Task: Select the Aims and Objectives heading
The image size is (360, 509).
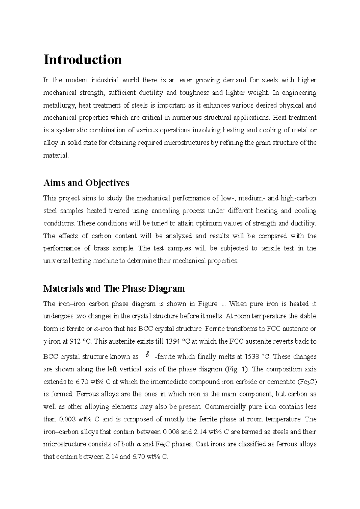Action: point(86,183)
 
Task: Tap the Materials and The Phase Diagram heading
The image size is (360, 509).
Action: point(114,289)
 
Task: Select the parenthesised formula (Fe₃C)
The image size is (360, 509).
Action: point(308,382)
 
